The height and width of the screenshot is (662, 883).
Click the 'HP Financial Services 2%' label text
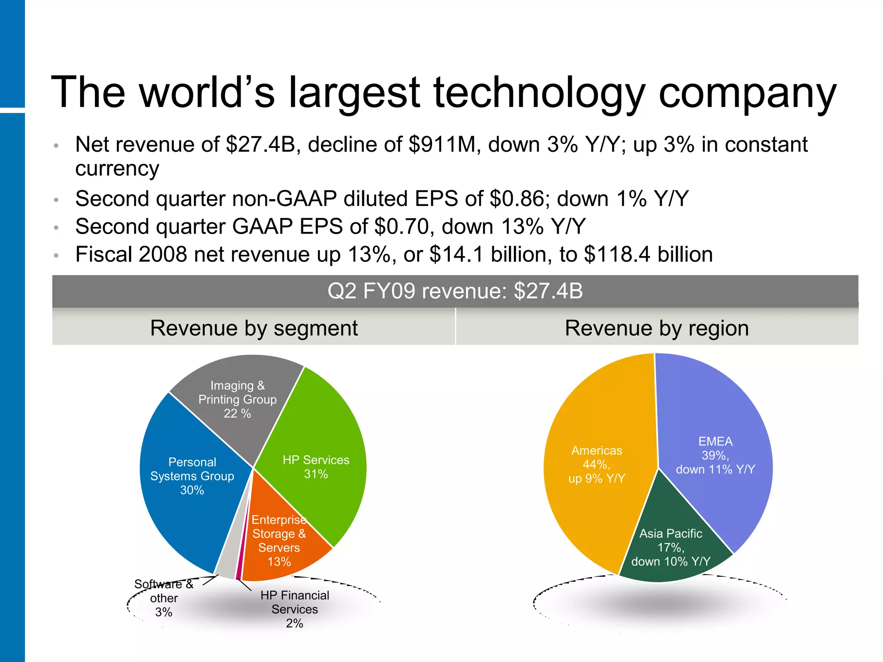(294, 609)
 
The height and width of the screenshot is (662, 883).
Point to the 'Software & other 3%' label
(164, 598)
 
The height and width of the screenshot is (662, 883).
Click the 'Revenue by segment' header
(254, 328)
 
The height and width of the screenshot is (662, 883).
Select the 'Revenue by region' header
(656, 328)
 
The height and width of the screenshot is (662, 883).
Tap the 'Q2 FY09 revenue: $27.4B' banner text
(455, 291)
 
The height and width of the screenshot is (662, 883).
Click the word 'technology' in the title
(539, 93)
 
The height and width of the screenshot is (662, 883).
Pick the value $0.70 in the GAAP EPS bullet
(404, 227)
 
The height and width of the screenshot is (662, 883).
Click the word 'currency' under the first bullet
(117, 169)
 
